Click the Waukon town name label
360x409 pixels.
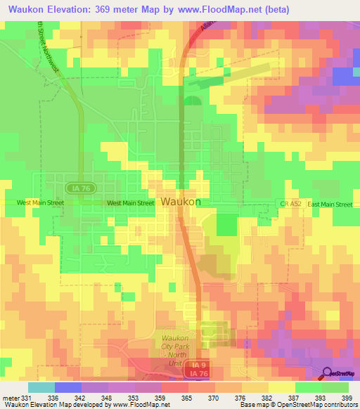(181, 202)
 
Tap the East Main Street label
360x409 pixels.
(330, 204)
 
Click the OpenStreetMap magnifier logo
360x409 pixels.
(326, 373)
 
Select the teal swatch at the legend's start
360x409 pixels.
(41, 387)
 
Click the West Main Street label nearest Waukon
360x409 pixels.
(130, 203)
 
